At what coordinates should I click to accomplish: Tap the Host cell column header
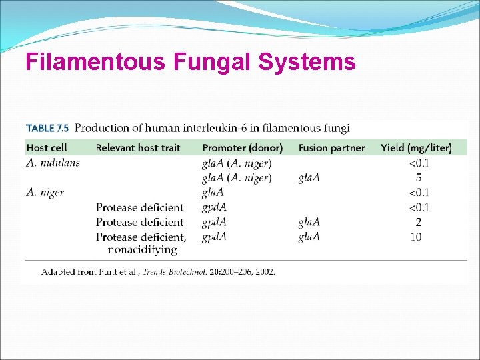[46, 147]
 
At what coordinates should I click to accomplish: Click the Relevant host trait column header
[138, 147]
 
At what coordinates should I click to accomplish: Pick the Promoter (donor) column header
[242, 147]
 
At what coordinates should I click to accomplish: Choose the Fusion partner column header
[331, 147]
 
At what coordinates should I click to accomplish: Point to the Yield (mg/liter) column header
[416, 147]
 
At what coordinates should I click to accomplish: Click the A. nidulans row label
[53, 163]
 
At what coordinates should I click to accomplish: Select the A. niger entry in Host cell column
[45, 193]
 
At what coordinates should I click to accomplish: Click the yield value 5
[418, 178]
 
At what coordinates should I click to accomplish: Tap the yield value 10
[416, 237]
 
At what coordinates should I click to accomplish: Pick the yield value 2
[418, 222]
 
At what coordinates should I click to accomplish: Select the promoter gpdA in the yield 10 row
[214, 237]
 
